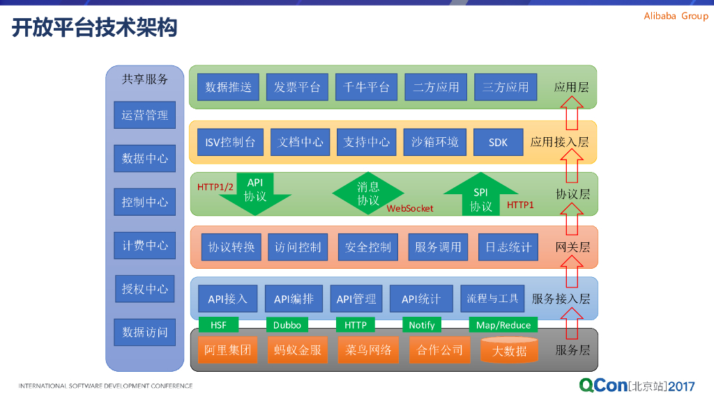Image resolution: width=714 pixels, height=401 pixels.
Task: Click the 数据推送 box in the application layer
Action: pos(229,87)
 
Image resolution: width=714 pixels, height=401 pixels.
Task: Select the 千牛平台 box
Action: pos(366,87)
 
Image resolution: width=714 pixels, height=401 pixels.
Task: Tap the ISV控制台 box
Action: pos(230,142)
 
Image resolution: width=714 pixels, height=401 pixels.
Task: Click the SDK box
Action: pos(498,142)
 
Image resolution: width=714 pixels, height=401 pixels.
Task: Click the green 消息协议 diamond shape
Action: pos(368,193)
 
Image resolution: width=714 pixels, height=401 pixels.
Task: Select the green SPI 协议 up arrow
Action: pos(481,196)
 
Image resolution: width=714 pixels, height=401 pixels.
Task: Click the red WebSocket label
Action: pos(410,208)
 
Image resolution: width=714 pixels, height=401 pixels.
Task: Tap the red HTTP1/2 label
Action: pos(215,187)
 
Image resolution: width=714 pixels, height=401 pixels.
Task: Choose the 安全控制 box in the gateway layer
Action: pos(368,247)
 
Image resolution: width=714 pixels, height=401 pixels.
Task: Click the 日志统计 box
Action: pos(508,247)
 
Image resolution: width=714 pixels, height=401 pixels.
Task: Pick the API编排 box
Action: pos(294,299)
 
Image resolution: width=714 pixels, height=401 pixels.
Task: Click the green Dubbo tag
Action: pos(287,325)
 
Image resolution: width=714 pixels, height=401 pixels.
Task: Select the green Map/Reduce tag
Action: pos(503,325)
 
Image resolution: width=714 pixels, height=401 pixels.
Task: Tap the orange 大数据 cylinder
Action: pos(509,350)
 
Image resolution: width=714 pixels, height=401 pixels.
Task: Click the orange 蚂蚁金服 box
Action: pos(298,349)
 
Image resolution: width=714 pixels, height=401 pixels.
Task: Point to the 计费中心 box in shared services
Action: pos(144,245)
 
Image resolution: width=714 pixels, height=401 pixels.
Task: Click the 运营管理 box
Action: pos(144,115)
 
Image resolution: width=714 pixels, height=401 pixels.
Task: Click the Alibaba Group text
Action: pos(675,16)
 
